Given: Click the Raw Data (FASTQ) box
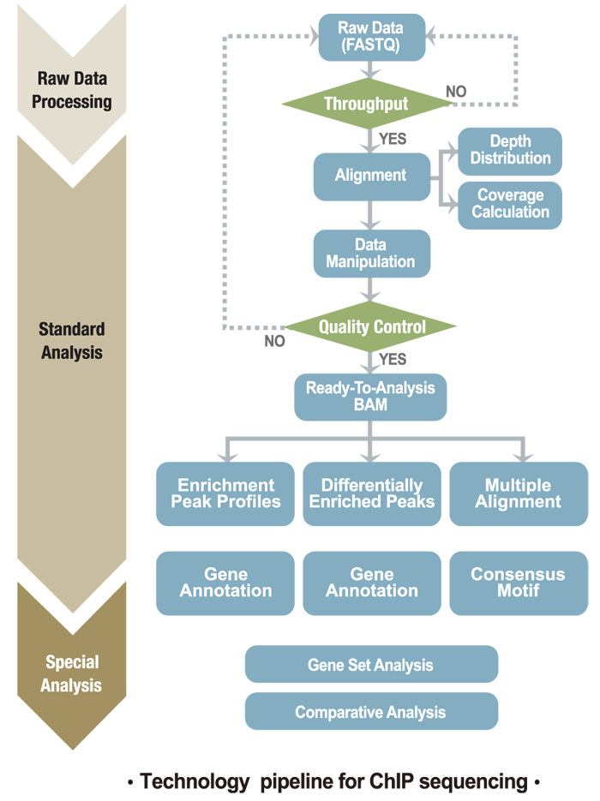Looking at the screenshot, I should coord(371,38).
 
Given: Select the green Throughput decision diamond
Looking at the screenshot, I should coord(369,105).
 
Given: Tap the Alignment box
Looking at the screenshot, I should coord(370,176).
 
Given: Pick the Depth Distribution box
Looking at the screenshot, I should coord(510,151).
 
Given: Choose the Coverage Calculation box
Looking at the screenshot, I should coord(510,205).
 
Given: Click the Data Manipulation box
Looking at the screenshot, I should coord(370,253).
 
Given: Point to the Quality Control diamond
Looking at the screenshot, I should coord(371,326).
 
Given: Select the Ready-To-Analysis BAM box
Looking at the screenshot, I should coord(370,396).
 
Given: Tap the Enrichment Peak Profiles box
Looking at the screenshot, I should coord(225,493).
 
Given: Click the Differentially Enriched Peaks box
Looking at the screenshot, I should coord(371,493).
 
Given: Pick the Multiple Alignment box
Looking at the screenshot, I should coord(518,493).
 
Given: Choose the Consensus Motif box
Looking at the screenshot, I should coord(518,583).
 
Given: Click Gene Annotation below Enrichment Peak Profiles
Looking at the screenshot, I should coord(225,583).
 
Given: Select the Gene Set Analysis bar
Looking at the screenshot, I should coord(370,665).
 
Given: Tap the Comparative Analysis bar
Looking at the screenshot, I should coord(370,712).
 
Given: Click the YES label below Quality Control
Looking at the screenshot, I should coord(393,359).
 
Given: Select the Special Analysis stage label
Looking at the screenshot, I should coord(73,673).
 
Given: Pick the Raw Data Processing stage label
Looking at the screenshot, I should coord(75,90).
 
